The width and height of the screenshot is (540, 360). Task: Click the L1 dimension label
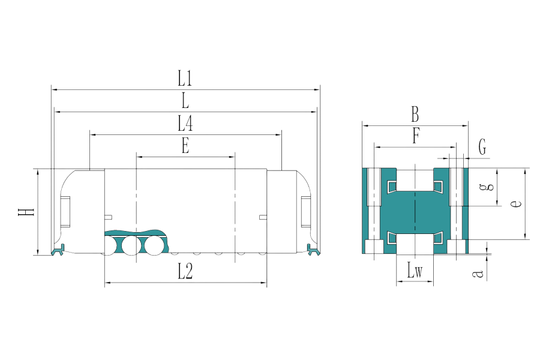185,79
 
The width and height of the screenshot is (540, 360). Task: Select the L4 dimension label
185,124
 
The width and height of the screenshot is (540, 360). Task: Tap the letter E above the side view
185,146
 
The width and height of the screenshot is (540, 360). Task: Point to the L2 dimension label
185,272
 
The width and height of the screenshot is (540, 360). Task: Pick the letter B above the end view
415,114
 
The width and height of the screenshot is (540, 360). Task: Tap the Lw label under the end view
415,272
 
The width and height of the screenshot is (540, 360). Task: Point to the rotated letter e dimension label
514,204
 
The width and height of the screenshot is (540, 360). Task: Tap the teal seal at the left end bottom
58,249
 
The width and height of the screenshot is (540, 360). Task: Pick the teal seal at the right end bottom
312,249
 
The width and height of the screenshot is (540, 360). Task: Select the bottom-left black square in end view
376,247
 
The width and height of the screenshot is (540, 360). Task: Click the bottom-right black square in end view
457,247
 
